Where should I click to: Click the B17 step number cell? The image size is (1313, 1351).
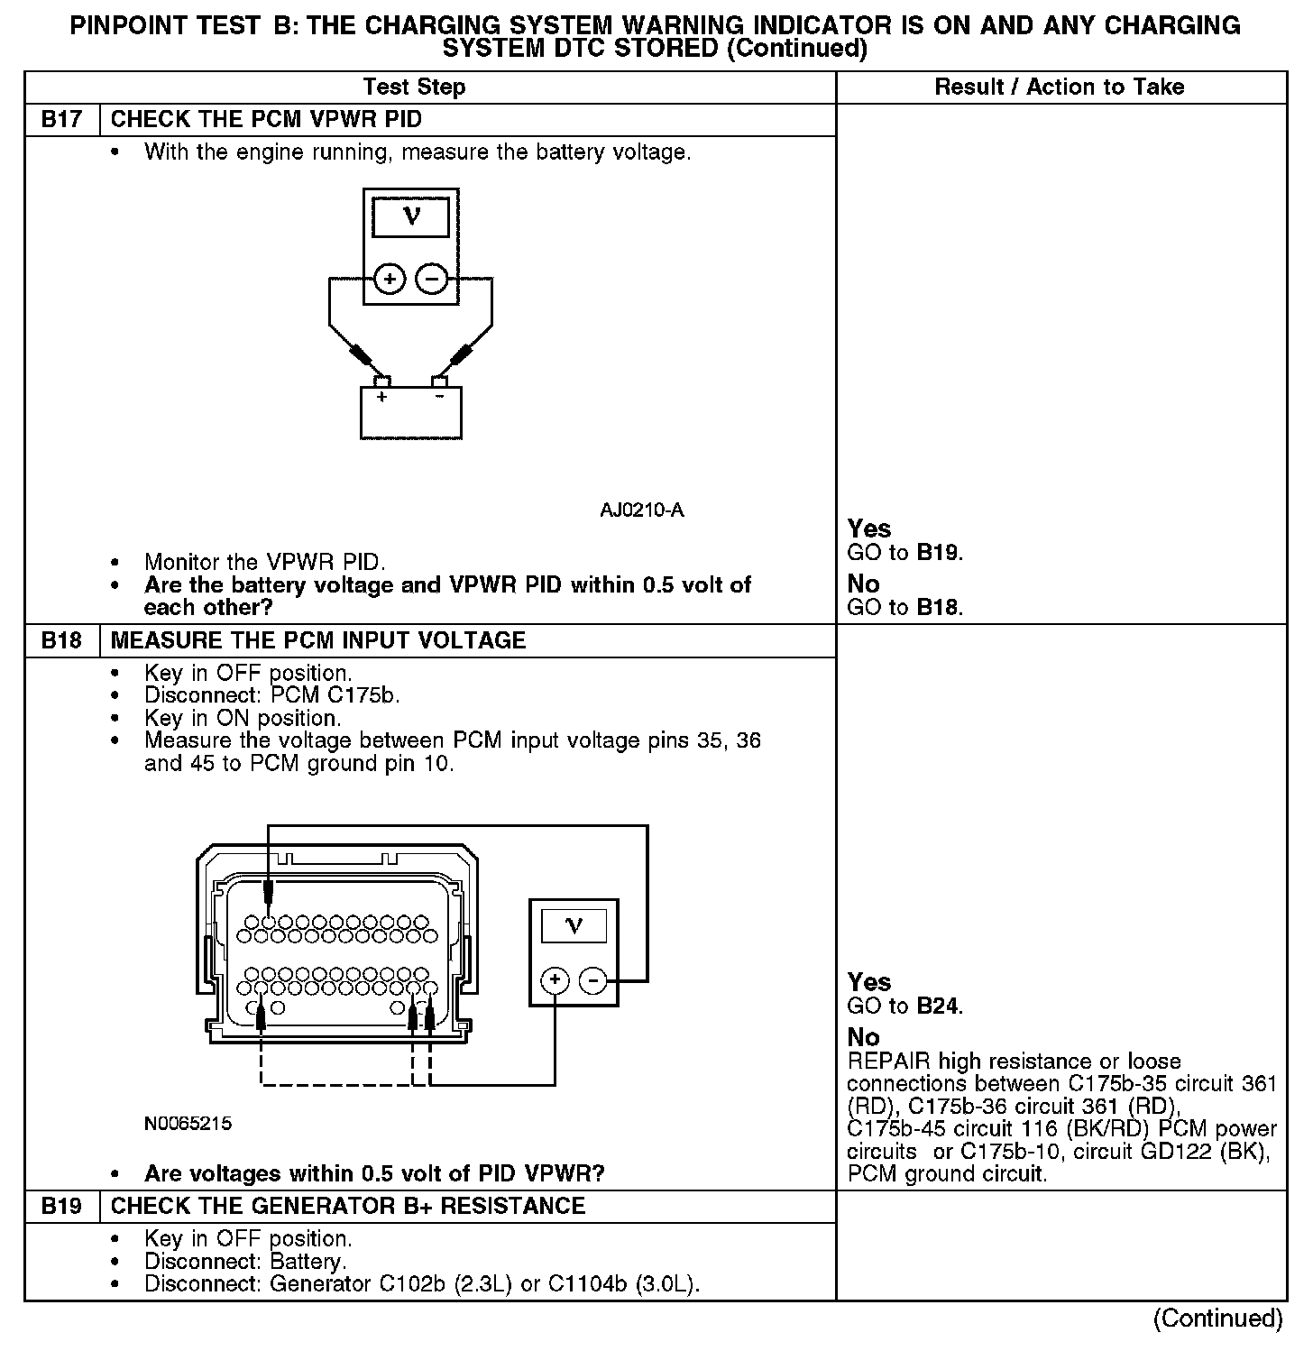pyautogui.click(x=61, y=120)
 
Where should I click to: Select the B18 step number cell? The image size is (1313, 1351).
pyautogui.click(x=61, y=641)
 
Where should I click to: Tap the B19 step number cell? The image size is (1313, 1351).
pyautogui.click(x=61, y=1207)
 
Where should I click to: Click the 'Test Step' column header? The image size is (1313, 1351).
pyautogui.click(x=414, y=87)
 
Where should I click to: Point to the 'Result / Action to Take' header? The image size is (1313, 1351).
pyautogui.click(x=1059, y=87)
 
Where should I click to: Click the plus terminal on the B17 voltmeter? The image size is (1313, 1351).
pyautogui.click(x=390, y=280)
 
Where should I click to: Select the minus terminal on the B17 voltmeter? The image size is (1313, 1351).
pyautogui.click(x=432, y=280)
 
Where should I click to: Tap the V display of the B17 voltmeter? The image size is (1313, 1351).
pyautogui.click(x=411, y=217)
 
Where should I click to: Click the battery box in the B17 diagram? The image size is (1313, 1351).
pyautogui.click(x=411, y=413)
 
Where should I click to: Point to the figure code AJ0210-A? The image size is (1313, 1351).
pyautogui.click(x=641, y=510)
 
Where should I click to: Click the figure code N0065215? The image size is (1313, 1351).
pyautogui.click(x=188, y=1124)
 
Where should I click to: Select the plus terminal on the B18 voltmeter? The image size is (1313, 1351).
pyautogui.click(x=555, y=980)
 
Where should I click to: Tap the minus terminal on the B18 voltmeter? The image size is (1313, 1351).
pyautogui.click(x=592, y=980)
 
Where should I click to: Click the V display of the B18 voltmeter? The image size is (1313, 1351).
pyautogui.click(x=574, y=926)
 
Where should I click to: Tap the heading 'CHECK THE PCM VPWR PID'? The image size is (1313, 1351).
pyautogui.click(x=266, y=120)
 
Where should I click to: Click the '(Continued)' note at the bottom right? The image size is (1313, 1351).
pyautogui.click(x=1217, y=1319)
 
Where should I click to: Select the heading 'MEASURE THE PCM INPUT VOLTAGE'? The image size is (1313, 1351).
pyautogui.click(x=318, y=641)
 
